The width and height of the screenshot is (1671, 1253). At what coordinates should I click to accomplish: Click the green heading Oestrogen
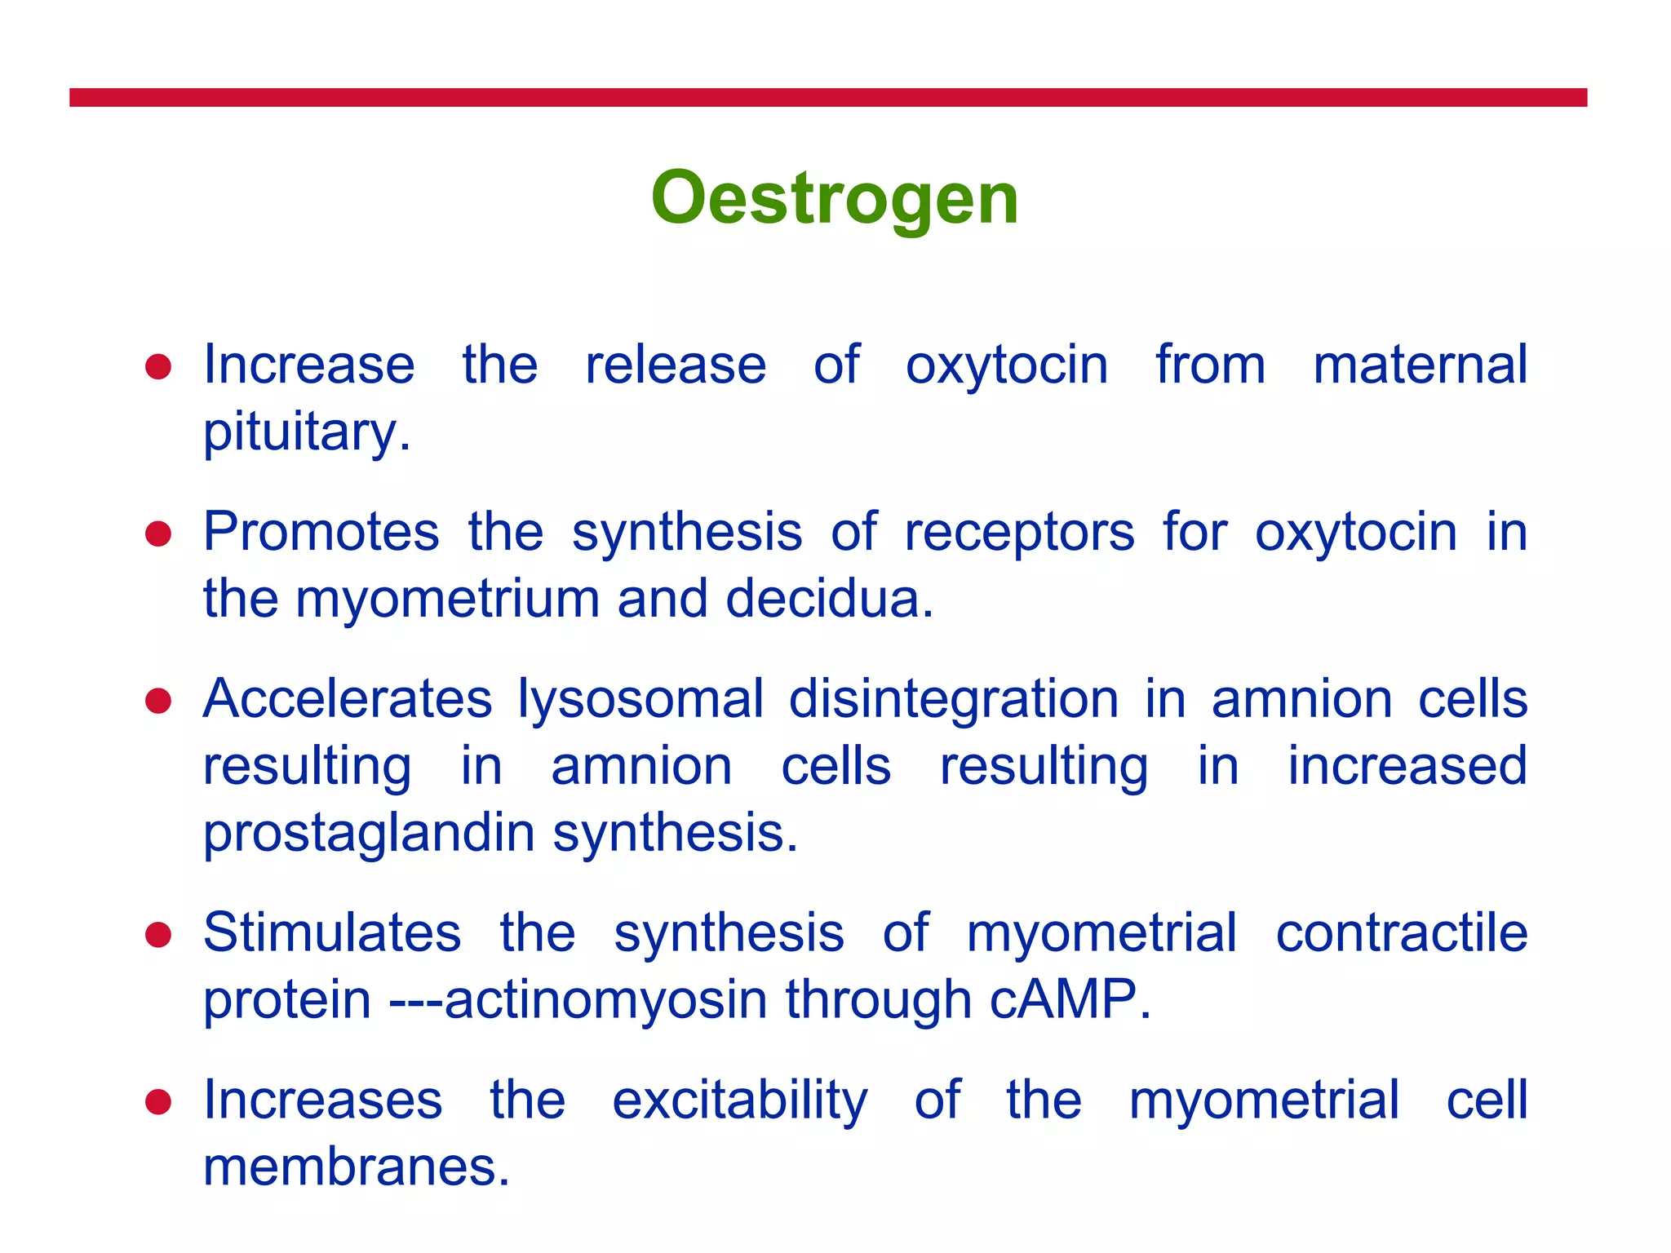[x=835, y=198]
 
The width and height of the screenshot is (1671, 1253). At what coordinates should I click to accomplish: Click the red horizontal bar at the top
[x=827, y=98]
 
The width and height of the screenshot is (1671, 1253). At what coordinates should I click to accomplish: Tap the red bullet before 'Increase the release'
[x=158, y=367]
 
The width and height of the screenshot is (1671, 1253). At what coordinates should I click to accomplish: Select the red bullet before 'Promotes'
[x=158, y=534]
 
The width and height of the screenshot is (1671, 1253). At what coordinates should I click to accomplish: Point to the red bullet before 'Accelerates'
[x=158, y=702]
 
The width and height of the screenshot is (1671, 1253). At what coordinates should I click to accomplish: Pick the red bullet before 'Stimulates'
[x=158, y=935]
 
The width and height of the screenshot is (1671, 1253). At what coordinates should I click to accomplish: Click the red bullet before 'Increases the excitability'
[x=158, y=1102]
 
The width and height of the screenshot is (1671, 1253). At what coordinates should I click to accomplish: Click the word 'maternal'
[x=1420, y=365]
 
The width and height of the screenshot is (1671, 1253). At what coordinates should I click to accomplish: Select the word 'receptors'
[x=1019, y=532]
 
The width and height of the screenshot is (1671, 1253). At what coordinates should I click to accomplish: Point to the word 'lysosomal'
[x=640, y=701]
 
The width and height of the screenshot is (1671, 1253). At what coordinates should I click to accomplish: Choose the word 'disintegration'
[x=953, y=699]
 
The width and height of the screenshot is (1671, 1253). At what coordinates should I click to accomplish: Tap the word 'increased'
[x=1407, y=766]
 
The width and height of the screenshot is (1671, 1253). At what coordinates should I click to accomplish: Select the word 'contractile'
[x=1401, y=932]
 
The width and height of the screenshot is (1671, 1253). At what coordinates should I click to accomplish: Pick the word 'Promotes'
[x=321, y=532]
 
